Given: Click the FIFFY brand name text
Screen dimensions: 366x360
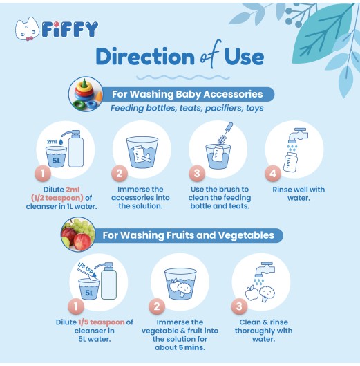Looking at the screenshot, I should (x=69, y=29).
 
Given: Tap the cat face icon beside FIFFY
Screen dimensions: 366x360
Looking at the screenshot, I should (x=28, y=30).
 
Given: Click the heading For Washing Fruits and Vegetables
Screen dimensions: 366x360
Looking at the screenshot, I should (x=188, y=235).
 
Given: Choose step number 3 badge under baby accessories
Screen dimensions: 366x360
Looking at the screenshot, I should (x=197, y=174).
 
